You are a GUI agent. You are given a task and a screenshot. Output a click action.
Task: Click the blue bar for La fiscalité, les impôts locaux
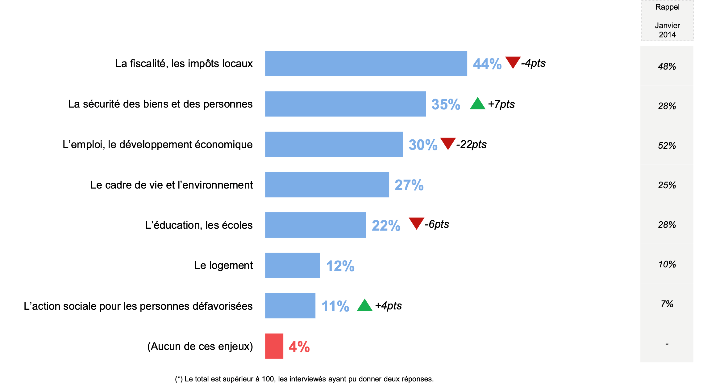coord(366,64)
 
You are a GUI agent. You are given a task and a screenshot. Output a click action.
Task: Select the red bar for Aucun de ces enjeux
coord(274,346)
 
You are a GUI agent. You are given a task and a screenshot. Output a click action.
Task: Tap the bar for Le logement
coord(292,266)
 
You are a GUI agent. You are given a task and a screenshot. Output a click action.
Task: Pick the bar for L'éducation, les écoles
coord(315,225)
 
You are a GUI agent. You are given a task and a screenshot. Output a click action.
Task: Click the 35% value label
coord(446,104)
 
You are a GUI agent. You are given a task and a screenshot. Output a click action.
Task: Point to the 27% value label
coord(409,185)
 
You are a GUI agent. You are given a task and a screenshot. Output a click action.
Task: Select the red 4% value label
coord(299,347)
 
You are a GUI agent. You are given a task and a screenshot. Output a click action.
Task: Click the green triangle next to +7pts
coord(477,104)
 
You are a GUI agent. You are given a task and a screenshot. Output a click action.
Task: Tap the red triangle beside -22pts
coord(448,143)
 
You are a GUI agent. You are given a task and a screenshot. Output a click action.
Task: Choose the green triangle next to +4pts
coord(364,305)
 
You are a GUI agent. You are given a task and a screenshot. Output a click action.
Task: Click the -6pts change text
coord(437,224)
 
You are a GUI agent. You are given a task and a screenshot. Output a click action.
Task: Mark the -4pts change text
coord(533,63)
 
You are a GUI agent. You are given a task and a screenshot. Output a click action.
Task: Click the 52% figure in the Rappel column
coord(667,146)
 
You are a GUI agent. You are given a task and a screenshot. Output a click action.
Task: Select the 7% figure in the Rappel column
coord(667,304)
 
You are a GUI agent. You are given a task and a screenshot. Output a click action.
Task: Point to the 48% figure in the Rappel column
coord(667,66)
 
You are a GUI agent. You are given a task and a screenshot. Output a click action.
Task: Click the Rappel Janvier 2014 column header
coord(667,21)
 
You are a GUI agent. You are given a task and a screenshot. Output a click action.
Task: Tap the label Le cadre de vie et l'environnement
coord(172,185)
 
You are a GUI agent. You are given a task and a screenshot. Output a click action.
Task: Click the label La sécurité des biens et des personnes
coord(160,104)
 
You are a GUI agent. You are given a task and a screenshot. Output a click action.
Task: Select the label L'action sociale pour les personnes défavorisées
coord(138,306)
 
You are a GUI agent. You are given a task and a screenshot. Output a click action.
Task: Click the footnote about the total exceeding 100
coord(304,379)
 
